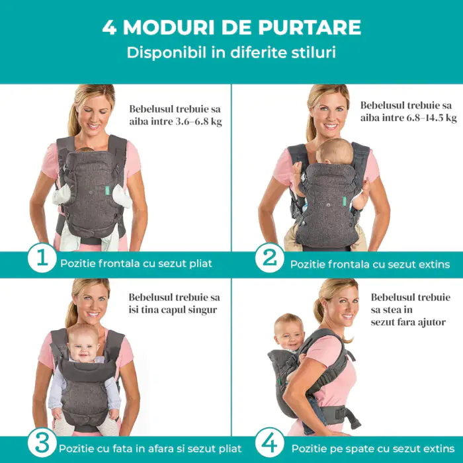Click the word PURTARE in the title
tap(310, 28)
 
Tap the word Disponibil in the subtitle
tap(167, 52)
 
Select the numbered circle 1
tap(42, 257)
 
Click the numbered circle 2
tap(270, 258)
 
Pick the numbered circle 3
tap(42, 442)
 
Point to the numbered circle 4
tap(270, 442)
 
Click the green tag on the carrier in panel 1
tap(107, 192)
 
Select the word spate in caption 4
tap(350, 449)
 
